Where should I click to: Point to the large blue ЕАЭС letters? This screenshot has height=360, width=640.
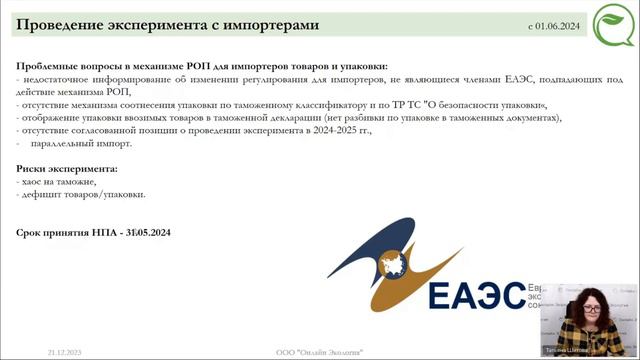click(474, 296)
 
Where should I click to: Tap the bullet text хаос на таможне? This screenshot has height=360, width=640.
click(60, 182)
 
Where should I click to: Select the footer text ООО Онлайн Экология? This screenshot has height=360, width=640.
click(319, 352)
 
